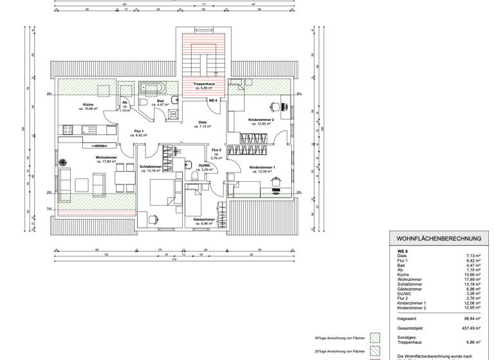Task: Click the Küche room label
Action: [88, 105]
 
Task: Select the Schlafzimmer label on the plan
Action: [151, 167]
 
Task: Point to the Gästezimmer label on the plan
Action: [204, 219]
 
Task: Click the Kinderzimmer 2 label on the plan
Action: [261, 120]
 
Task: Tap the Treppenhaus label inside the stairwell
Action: [204, 84]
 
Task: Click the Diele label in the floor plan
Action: [203, 122]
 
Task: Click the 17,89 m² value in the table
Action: [475, 280]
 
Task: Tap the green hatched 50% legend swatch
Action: [376, 337]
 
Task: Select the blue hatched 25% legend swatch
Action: [376, 351]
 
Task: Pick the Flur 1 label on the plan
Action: [139, 132]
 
